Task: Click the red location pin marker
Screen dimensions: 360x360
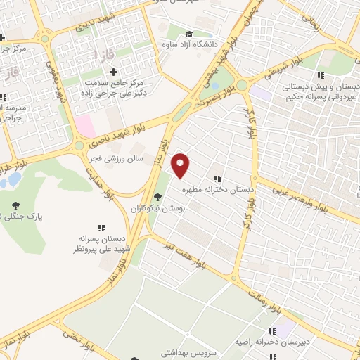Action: pos(181,165)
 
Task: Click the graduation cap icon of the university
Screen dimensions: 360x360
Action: pos(188,34)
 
